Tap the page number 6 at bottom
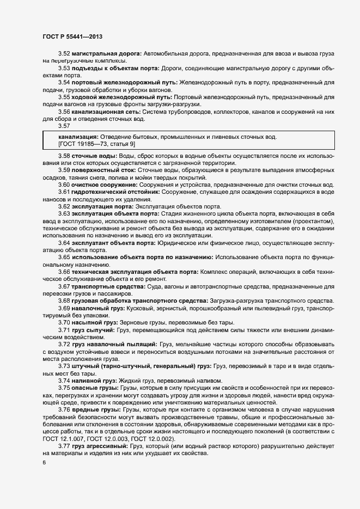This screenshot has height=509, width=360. pos(44,463)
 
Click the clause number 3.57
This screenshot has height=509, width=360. pos(64,126)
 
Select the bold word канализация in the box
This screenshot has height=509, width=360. pos(77,136)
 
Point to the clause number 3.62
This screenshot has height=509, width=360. pos(64,207)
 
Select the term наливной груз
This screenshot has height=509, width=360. pos(96,381)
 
